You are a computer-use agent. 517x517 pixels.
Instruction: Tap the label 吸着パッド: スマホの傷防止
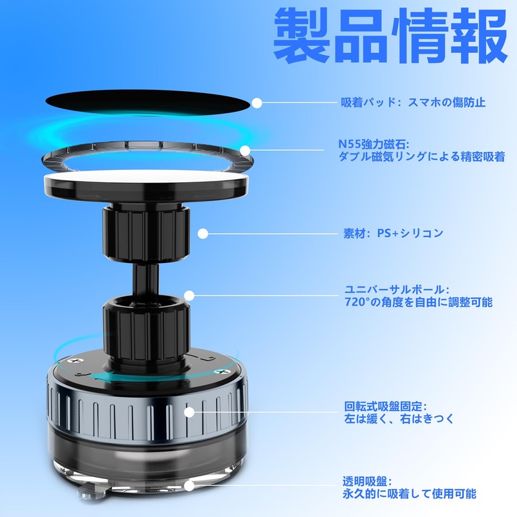[413, 102]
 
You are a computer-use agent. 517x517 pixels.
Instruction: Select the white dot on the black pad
[257, 103]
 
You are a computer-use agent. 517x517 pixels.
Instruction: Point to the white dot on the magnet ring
[245, 151]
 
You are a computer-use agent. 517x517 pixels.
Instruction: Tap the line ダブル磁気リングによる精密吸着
[421, 157]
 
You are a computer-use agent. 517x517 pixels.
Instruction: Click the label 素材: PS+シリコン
[393, 233]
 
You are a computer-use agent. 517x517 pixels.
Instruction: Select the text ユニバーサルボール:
[397, 290]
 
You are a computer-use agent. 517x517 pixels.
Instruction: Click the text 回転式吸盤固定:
[384, 406]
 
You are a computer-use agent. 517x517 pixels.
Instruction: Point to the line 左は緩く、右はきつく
[399, 419]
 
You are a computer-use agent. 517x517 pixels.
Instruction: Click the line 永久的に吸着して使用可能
[410, 494]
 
